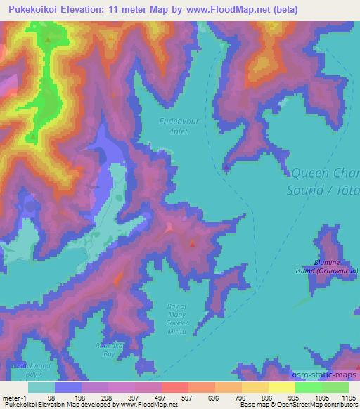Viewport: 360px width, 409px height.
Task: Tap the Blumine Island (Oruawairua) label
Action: point(336,265)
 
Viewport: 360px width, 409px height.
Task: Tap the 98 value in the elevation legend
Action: point(51,397)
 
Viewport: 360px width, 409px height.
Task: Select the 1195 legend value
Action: point(340,397)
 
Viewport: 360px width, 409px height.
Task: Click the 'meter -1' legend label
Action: point(13,397)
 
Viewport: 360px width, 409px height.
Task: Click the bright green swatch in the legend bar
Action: point(308,387)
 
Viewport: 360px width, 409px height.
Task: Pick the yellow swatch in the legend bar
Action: point(281,387)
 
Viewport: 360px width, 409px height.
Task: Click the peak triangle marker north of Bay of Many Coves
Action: point(192,245)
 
